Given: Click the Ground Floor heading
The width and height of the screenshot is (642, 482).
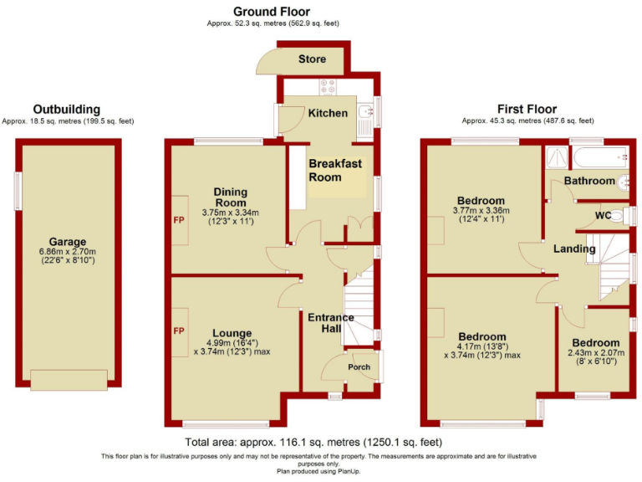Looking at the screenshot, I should coord(271,12).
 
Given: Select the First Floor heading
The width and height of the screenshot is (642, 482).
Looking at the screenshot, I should coord(527,109).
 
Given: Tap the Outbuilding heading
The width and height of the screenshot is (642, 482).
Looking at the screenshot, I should coord(67,110).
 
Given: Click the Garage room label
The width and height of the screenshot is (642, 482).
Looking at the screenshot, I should coord(68,242).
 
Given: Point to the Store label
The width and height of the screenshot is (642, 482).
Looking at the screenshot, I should coord(312,59).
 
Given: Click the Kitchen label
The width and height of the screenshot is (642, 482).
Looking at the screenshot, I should coord(328,113).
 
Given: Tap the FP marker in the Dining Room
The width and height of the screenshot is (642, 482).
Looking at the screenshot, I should coord(178,221).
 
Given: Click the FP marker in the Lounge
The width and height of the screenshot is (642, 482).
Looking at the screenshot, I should coord(178,331).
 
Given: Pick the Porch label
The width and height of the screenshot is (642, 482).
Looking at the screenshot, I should coord(359,367).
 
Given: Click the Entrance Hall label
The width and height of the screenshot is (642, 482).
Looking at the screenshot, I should coord(331,323).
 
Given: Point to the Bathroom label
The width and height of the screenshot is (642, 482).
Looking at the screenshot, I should coord(588,181).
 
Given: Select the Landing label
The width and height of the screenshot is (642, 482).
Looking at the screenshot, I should coord(573,249).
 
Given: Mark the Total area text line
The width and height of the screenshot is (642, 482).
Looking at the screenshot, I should coord(313,442).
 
